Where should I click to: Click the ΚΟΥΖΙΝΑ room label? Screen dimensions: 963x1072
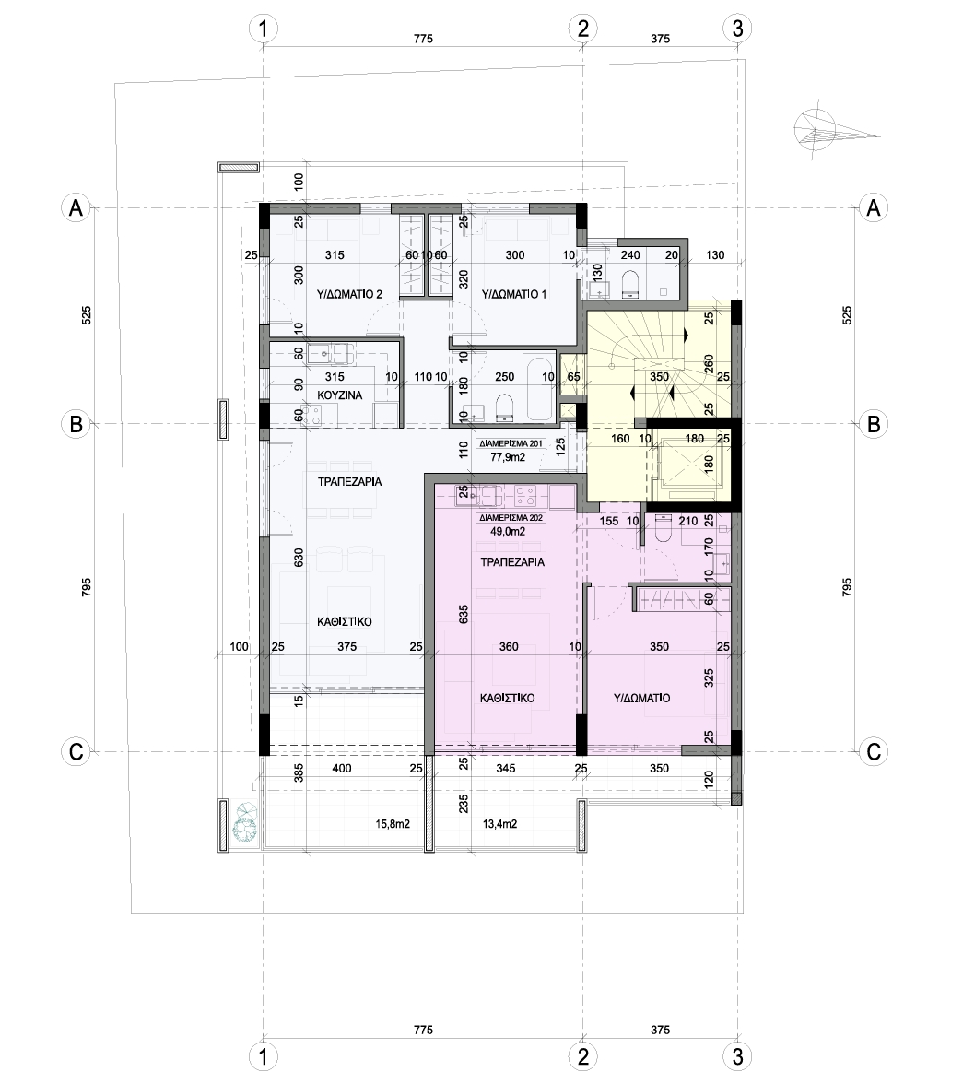(340, 395)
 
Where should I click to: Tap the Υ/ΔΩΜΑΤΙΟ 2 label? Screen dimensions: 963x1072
(349, 295)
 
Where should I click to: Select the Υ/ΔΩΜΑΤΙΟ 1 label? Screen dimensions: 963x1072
(514, 295)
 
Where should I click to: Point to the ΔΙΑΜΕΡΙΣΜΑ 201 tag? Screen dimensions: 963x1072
(510, 443)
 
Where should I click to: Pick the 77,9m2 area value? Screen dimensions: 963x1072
(508, 456)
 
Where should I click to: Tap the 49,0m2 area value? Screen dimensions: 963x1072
(508, 531)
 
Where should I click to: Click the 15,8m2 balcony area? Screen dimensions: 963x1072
(393, 824)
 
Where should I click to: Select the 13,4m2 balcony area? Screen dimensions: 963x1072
(499, 824)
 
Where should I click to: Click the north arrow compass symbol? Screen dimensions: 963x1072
(835, 131)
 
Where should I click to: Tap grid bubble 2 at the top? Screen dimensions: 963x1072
(583, 29)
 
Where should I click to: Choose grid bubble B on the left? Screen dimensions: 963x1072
(76, 425)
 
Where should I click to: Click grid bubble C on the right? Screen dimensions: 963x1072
(874, 752)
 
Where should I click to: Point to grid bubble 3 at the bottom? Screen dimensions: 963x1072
(737, 1056)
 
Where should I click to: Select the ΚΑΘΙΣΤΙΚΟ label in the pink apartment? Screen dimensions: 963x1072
(507, 699)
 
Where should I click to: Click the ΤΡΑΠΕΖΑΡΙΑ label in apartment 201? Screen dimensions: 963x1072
(349, 481)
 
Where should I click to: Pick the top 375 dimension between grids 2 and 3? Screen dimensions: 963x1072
(660, 39)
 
